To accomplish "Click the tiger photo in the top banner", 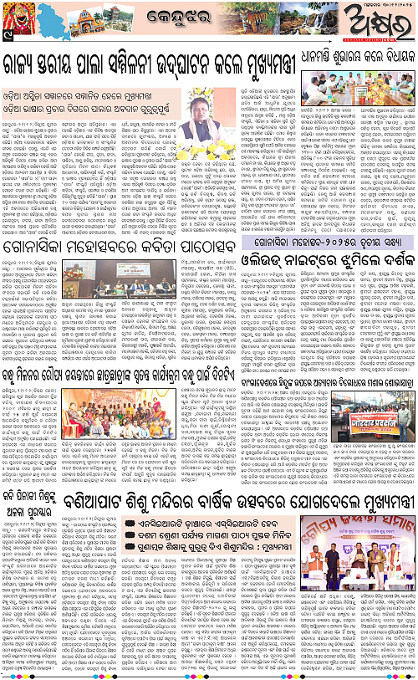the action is click(x=288, y=21).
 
